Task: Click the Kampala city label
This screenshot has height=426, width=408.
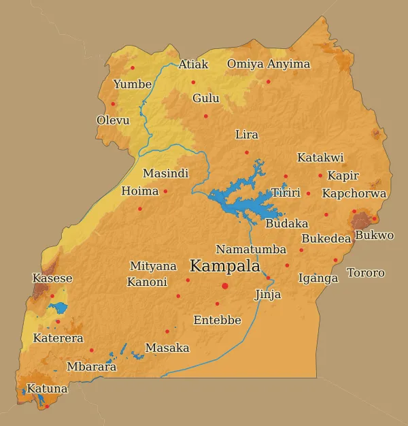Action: (x=224, y=266)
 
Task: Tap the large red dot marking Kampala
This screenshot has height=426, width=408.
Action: (x=225, y=286)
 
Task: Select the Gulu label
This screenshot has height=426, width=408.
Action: (x=206, y=99)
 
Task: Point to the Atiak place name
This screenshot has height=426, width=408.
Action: (x=193, y=65)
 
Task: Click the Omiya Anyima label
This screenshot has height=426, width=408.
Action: (x=268, y=64)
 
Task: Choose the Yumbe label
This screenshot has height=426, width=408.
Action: (x=133, y=84)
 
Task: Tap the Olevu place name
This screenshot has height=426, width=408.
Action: (x=113, y=120)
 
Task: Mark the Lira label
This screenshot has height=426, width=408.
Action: (x=246, y=135)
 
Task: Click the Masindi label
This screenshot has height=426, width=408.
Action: (x=165, y=174)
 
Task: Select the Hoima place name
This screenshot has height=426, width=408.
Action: (x=139, y=191)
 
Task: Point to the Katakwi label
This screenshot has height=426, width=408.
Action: (x=320, y=158)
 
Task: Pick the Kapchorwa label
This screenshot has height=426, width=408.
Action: (x=354, y=194)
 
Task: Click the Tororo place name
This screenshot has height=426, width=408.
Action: (x=365, y=273)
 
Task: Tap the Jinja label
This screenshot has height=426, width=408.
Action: (x=267, y=295)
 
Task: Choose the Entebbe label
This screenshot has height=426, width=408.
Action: (x=217, y=320)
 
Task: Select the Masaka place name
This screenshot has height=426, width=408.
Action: (x=167, y=348)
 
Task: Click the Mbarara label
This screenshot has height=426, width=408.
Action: (x=91, y=367)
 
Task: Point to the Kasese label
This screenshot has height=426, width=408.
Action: (x=52, y=278)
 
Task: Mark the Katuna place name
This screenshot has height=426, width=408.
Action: (x=47, y=389)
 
